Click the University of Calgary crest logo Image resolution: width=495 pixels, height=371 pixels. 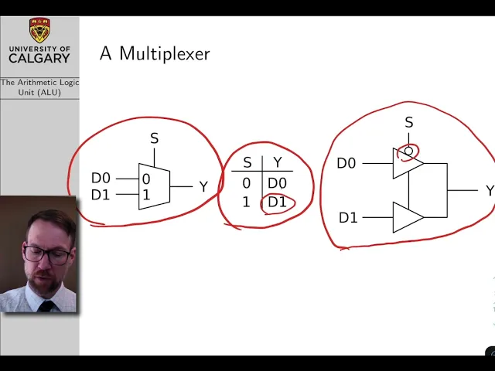coord(39,31)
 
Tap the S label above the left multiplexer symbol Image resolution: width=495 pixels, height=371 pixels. coord(154,139)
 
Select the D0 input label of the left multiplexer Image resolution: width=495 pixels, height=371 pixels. coord(101,179)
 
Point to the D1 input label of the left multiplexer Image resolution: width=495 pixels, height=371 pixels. coord(101,195)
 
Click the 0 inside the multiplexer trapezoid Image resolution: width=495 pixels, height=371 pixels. coord(146,179)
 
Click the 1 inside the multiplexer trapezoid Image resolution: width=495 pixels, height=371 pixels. coord(146,195)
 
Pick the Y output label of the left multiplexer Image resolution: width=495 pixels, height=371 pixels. coord(203,187)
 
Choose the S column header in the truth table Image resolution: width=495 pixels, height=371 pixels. coord(247,162)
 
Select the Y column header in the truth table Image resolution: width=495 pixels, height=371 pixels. coord(278,162)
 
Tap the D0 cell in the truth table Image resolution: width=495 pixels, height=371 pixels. coord(277,183)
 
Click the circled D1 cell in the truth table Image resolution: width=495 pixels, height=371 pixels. coord(277,203)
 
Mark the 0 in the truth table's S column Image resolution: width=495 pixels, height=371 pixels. coord(247,183)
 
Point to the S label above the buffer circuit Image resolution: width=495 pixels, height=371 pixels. coord(409,123)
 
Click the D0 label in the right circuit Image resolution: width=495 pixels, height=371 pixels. coord(346,163)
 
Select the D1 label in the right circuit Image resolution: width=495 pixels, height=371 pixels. coord(348,218)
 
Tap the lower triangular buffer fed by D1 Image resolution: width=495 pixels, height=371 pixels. coord(406,217)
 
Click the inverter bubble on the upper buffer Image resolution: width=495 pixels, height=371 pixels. coord(408,151)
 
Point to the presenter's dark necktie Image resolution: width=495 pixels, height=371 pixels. coord(47,306)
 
